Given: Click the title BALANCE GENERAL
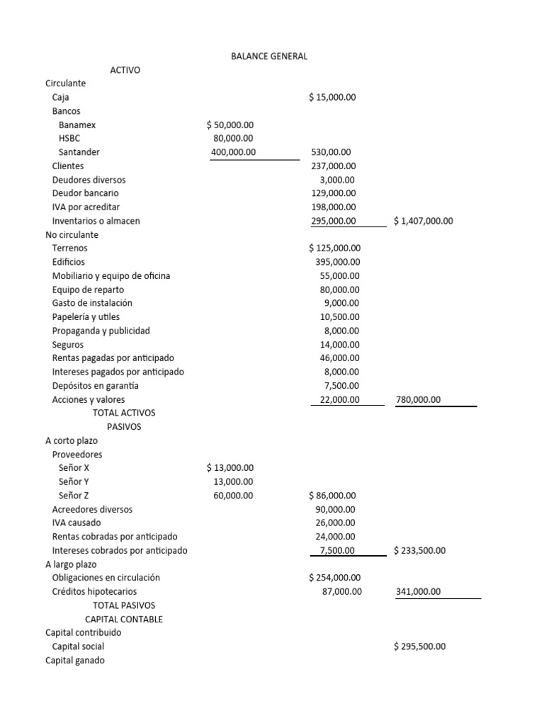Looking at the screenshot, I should coord(269,56).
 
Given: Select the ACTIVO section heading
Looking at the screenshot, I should coord(125,70).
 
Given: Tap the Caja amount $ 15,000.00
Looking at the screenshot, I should coord(332,97).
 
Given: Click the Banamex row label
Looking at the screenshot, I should coord(77,125).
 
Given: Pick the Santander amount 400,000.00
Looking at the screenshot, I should coord(234,152).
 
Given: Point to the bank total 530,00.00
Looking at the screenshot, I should coord(331,152).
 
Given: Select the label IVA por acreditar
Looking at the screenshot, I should coord(86,207).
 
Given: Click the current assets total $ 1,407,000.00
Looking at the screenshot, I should coord(424,221).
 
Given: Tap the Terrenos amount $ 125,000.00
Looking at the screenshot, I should coord(335,249).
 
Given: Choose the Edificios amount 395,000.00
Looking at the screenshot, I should coord(337,262).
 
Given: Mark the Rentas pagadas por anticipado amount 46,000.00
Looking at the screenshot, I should coord(339,358).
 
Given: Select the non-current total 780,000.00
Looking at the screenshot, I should coord(418,399).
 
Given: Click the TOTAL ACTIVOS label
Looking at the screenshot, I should coord(124,413).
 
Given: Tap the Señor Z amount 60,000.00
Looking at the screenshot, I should coord(233,496).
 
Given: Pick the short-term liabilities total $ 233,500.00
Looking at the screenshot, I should coord(420,550).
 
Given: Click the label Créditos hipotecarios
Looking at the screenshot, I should coord(95,591).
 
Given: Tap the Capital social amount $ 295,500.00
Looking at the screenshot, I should coord(420,646).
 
